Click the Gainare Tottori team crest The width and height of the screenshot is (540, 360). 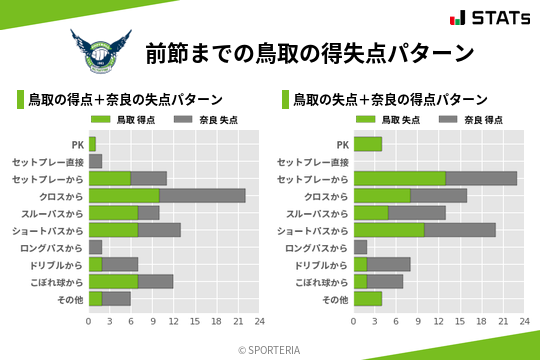tap(99, 50)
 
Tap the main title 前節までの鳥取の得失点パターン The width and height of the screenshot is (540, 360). tap(309, 51)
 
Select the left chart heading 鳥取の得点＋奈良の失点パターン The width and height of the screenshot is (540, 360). tap(125, 100)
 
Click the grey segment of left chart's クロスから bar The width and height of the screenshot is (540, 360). tap(202, 195)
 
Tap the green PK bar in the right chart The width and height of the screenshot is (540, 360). tap(368, 144)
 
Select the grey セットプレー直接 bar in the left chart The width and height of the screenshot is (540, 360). tap(95, 161)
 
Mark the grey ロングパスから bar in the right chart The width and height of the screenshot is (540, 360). tap(360, 247)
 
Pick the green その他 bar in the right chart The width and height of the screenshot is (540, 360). tap(368, 298)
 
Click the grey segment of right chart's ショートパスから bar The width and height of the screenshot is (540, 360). tap(460, 230)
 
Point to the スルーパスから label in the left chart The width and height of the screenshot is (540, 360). tap(56, 213)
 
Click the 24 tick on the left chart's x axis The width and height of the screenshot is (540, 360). tap(259, 322)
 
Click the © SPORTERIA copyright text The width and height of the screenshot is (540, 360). tap(270, 349)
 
